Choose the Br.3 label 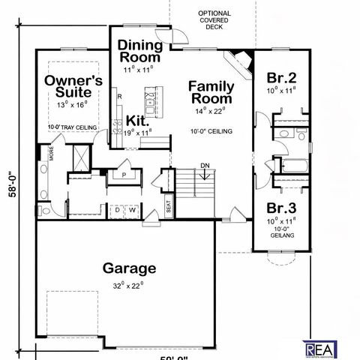[x=281, y=207]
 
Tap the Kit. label [x=136, y=120]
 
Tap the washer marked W [x=132, y=210]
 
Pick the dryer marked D [x=117, y=210]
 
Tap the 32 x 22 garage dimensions [x=128, y=284]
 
